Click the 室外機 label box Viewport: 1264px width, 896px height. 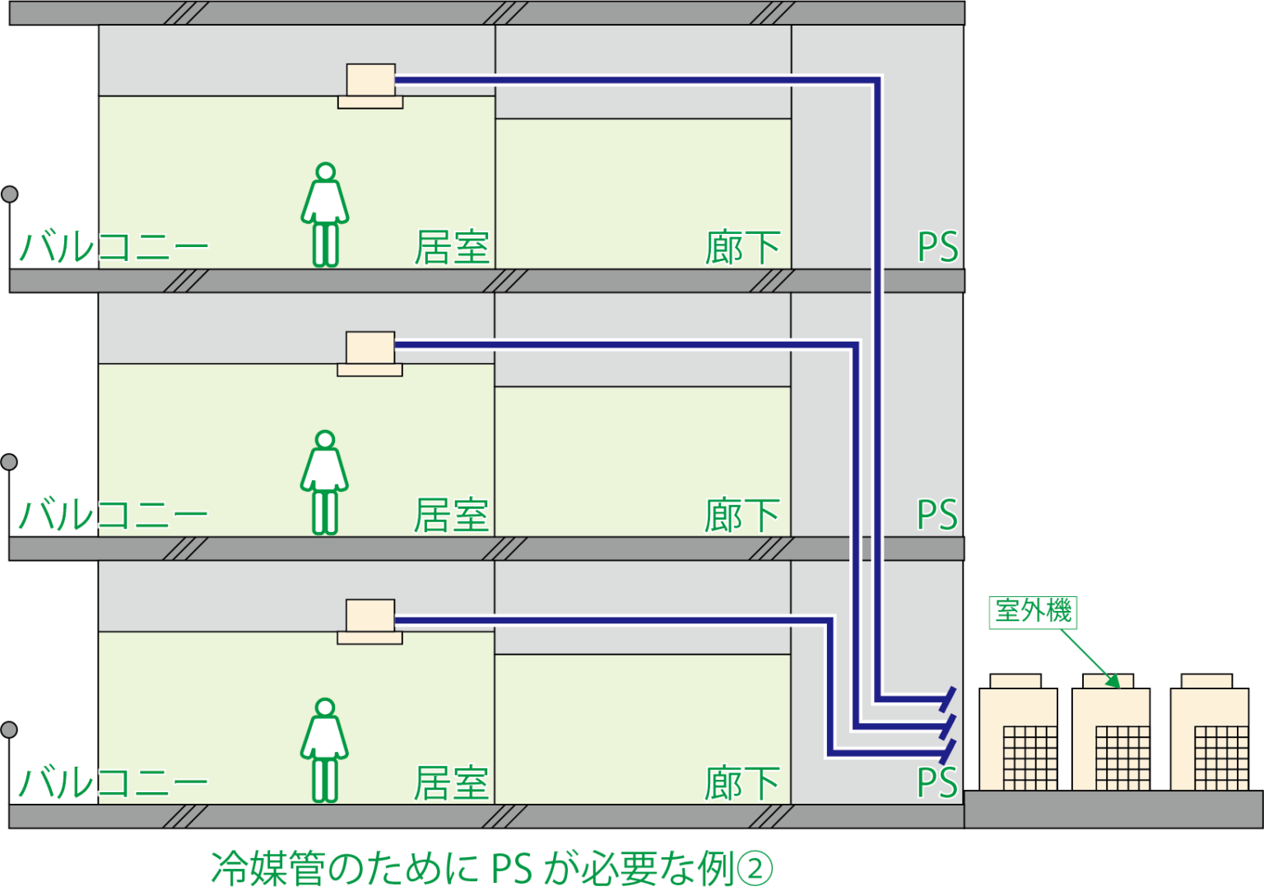pos(1033,612)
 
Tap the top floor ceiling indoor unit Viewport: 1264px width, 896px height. pos(370,86)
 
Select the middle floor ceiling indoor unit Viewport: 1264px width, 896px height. pos(370,353)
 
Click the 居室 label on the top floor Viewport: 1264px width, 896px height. pos(452,248)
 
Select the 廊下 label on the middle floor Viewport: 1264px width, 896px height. pos(741,516)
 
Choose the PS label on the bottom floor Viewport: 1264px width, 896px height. pos(937,783)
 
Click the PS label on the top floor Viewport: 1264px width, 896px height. pos(937,248)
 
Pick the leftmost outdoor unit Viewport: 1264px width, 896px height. pos(1018,737)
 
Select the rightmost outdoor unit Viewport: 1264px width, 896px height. pos(1209,737)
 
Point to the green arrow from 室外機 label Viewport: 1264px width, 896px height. pos(1089,658)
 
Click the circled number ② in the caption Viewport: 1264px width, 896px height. pos(755,870)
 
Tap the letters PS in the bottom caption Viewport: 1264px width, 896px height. pos(511,870)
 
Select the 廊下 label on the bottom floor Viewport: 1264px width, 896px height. pos(741,783)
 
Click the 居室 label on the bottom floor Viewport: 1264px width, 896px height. pos(452,783)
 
